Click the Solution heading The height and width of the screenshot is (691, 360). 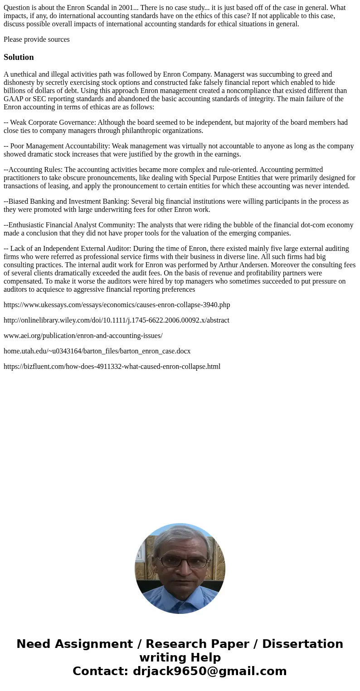coord(19,57)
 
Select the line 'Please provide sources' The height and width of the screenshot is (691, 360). coord(37,39)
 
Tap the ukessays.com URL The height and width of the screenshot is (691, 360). coord(117,305)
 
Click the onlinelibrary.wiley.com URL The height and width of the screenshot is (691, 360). coord(117,320)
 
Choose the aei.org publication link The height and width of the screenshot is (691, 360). coord(83,336)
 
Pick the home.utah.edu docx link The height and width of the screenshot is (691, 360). coord(97,351)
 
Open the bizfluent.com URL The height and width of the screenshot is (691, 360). coord(112,367)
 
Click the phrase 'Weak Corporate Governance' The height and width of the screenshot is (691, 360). coord(53,123)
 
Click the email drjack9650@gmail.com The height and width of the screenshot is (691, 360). coord(209,671)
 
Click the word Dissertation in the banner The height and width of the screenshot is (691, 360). coord(302,644)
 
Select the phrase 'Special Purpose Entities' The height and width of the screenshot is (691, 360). coord(228,178)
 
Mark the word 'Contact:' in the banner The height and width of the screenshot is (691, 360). coord(100,671)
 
